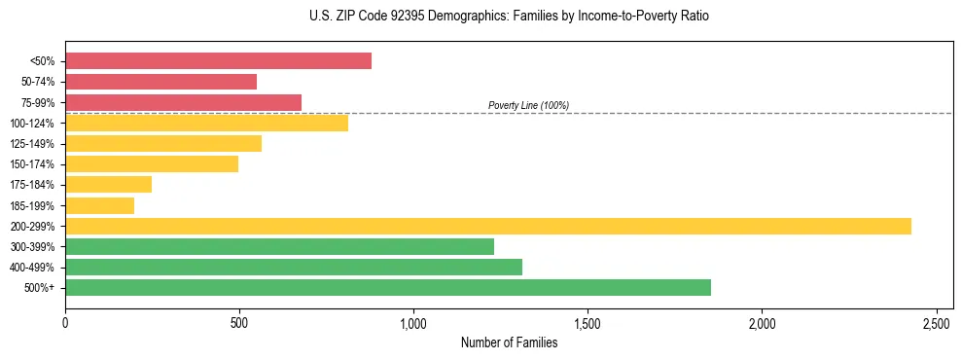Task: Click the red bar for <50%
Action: [x=218, y=61]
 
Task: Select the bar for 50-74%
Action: [x=160, y=82]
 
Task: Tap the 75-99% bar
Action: [x=183, y=102]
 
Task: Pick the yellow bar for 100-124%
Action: [x=206, y=123]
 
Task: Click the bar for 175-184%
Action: [x=108, y=185]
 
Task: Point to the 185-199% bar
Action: [x=99, y=205]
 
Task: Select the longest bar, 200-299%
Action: [x=487, y=226]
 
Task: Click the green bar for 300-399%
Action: [x=279, y=246]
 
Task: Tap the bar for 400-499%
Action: [x=293, y=267]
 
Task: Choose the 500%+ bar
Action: [x=387, y=287]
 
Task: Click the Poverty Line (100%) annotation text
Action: [x=528, y=105]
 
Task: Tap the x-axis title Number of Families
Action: [x=509, y=342]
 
